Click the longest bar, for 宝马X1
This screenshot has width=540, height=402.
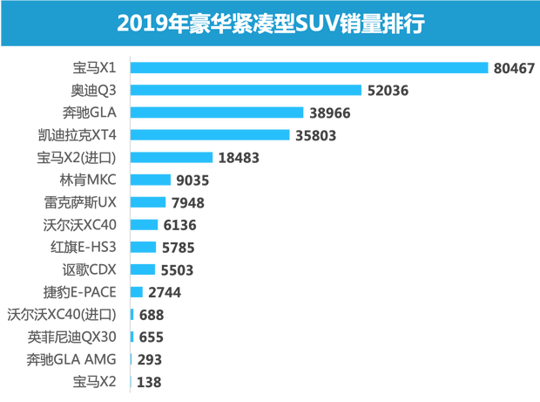point(309,67)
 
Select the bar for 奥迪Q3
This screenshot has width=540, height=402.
point(246,90)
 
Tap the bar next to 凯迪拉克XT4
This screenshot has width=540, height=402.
point(210,134)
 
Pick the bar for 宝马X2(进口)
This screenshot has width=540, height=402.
point(172,157)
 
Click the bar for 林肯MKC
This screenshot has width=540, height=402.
point(151,180)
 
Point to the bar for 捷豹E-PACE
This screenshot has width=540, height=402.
point(137,290)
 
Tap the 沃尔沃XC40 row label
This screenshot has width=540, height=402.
point(89,224)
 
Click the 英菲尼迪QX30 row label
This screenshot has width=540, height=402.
point(84,336)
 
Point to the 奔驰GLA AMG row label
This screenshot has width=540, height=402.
point(82,358)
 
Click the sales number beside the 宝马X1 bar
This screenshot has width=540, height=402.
point(512,68)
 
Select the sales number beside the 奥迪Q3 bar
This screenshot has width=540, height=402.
point(386,90)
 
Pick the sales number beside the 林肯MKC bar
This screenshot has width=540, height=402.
point(192,180)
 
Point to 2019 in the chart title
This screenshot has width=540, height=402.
point(144,23)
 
